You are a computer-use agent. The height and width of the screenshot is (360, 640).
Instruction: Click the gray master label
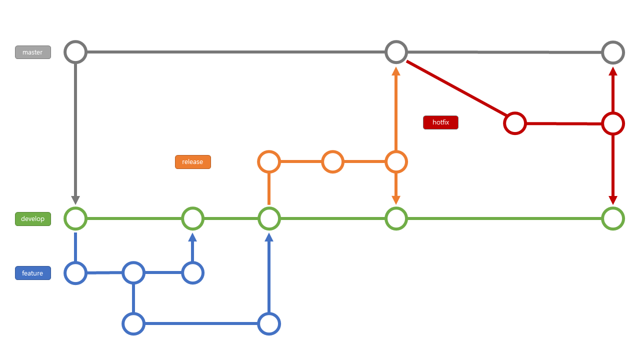point(33,52)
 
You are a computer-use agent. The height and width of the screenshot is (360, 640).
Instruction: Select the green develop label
point(33,219)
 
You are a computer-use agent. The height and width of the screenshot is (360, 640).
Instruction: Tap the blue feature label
point(33,273)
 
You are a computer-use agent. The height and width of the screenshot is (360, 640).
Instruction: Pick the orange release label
point(192,162)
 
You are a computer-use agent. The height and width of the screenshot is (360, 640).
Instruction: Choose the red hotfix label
point(440,122)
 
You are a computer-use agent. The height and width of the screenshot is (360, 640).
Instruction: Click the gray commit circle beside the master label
point(75,52)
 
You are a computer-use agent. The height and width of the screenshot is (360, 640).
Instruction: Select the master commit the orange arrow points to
point(396,52)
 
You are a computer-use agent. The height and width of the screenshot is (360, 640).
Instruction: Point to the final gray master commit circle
point(613,52)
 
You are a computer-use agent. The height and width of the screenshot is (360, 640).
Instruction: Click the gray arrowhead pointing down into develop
point(75,200)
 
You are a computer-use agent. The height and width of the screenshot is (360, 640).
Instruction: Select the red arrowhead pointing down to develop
point(613,200)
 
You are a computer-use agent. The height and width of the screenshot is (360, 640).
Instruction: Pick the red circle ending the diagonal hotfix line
point(514,123)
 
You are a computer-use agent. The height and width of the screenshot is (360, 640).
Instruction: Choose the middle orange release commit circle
point(332,161)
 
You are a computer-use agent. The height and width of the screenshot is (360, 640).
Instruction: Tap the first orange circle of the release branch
point(269,161)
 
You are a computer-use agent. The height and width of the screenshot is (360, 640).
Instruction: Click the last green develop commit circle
point(613,218)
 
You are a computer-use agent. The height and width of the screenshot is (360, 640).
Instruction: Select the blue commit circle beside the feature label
point(75,273)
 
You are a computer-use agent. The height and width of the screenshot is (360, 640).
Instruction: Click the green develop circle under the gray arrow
point(75,218)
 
